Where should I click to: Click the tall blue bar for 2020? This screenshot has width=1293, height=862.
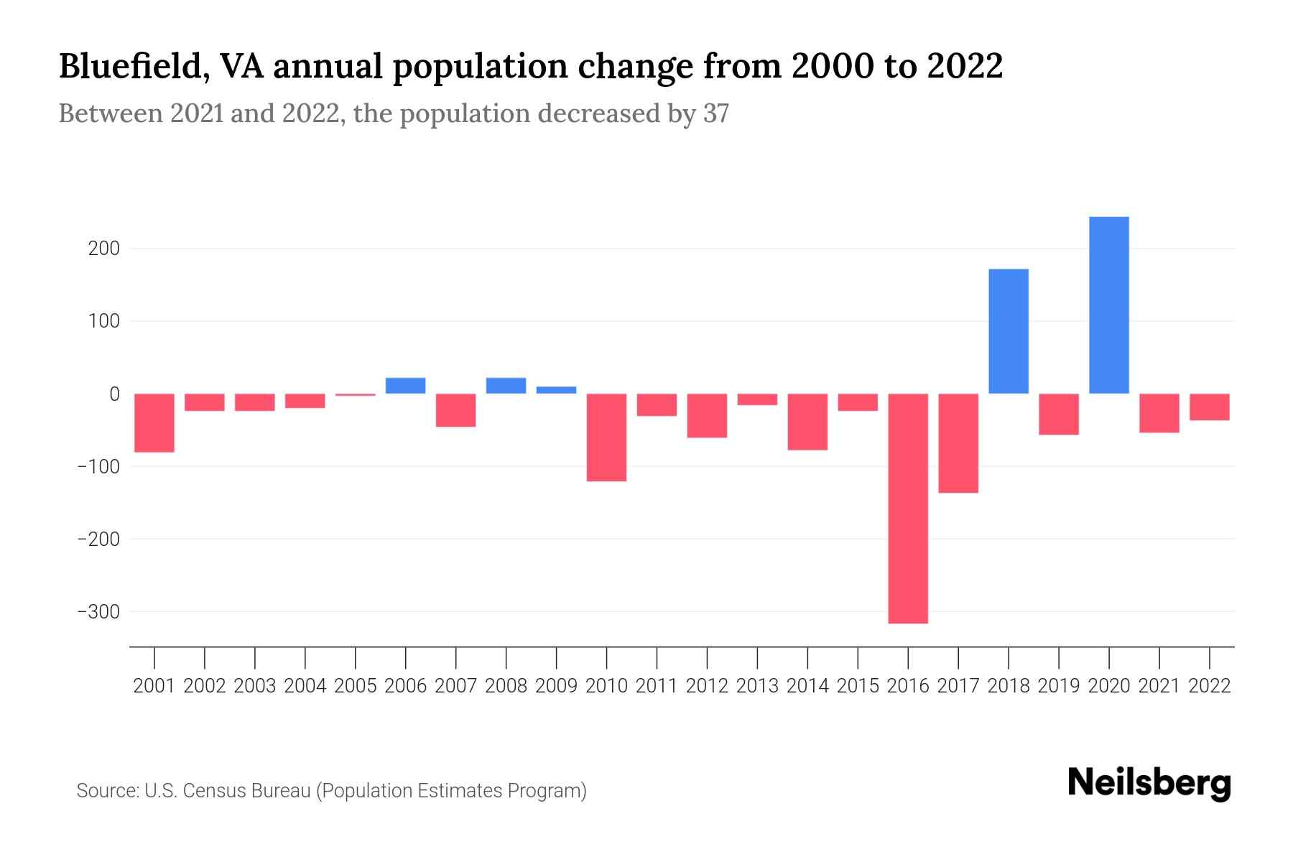coord(1108,305)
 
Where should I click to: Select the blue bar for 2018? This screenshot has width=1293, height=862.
coord(1009,331)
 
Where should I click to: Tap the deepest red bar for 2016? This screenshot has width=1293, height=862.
coord(908,509)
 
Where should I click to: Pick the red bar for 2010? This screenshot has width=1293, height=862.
coord(606,437)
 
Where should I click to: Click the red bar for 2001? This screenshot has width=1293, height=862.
coord(154,423)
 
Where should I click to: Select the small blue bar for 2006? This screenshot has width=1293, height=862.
coord(405,386)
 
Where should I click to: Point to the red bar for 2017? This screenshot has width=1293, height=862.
coord(958,443)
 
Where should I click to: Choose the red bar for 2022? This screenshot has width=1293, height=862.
coord(1209,407)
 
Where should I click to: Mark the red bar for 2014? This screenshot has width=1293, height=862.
coord(807,422)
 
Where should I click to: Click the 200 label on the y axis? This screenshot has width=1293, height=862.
coord(104,249)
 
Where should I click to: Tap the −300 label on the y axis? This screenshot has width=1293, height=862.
coord(98,612)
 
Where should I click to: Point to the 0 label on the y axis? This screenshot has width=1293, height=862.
coord(114,394)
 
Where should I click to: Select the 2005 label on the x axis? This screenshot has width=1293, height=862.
coord(356,686)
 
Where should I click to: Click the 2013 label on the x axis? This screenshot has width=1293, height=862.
coord(757,686)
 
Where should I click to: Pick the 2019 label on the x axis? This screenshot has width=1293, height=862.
coord(1059,686)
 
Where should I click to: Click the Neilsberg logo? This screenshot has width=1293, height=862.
coord(1149,784)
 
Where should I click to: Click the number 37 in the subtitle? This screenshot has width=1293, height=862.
coord(715,113)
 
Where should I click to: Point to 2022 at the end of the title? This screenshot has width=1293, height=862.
coord(964,67)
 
